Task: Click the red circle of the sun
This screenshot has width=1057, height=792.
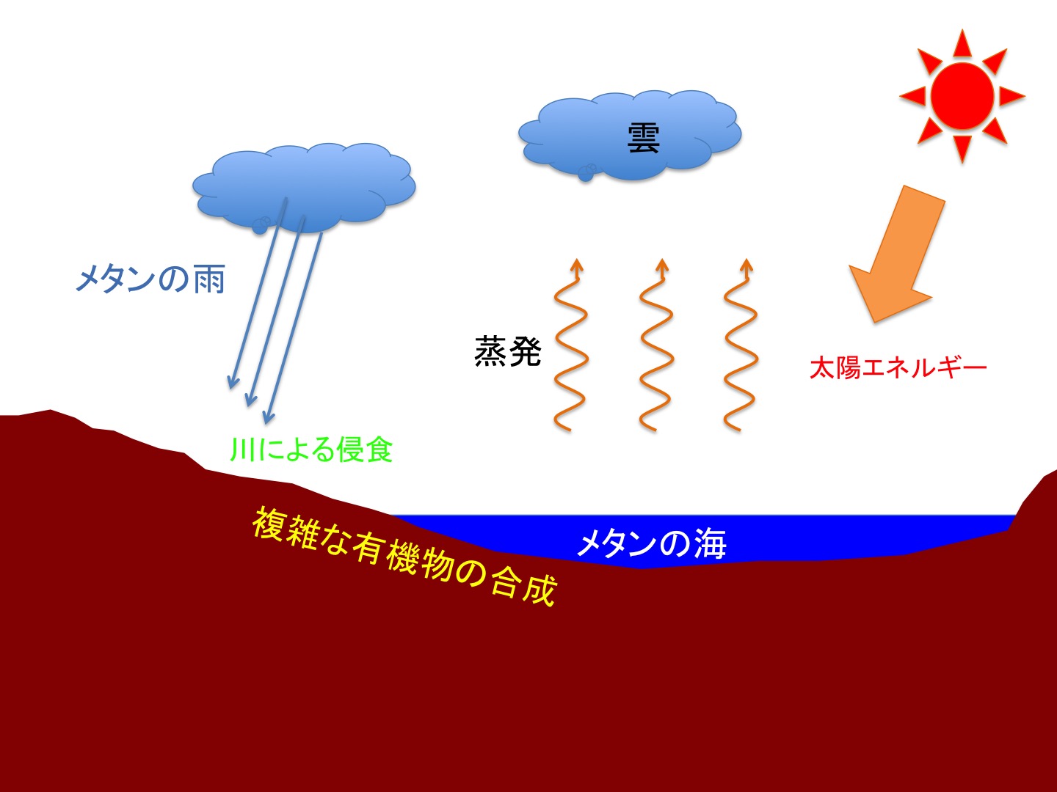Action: [x=962, y=96]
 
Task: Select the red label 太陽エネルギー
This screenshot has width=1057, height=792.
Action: [x=898, y=368]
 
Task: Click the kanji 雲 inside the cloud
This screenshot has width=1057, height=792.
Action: [x=643, y=138]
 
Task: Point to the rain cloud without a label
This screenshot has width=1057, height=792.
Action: [x=304, y=188]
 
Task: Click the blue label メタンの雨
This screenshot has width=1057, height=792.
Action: [x=150, y=279]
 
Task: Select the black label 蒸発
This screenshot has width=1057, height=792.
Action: [x=508, y=351]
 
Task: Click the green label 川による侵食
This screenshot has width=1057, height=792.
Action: [x=311, y=450]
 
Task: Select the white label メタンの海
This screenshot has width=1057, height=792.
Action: [x=652, y=544]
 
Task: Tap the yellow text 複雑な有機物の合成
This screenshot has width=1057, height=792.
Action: [x=404, y=556]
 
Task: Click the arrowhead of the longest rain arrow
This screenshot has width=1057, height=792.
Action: [x=269, y=417]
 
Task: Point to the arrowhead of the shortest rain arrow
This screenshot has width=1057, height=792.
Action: [x=233, y=381]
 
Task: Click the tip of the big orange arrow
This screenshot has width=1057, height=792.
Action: [x=874, y=322]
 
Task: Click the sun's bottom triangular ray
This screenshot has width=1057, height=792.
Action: [x=962, y=148]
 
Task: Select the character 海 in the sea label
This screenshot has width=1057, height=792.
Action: [x=711, y=544]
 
